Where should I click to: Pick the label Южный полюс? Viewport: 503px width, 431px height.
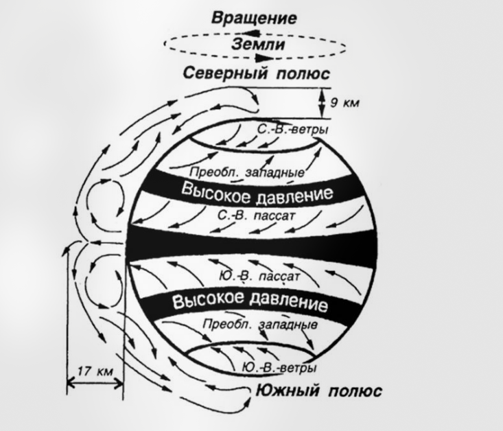point(318,391)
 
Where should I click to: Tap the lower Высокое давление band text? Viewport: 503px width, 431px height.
point(248,301)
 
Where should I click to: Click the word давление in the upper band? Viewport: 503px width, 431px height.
point(296,195)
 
